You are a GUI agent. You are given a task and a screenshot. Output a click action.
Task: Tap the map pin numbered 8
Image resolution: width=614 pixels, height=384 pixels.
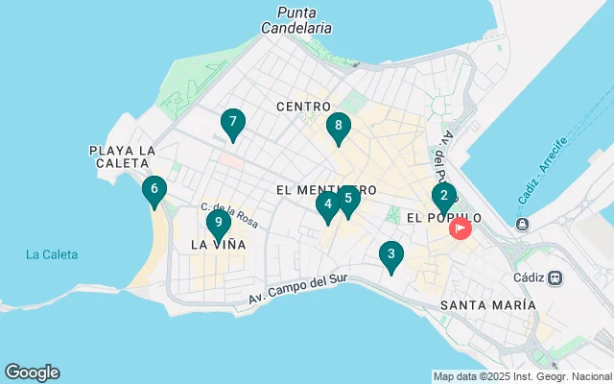click(x=338, y=127)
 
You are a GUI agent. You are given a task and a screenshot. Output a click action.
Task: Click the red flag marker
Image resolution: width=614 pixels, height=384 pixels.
click(x=460, y=228)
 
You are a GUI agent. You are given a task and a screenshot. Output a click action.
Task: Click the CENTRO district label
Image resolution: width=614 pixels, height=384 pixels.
click(x=303, y=107)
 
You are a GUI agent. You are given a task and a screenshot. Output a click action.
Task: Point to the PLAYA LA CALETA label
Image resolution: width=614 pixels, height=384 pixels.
click(x=122, y=157)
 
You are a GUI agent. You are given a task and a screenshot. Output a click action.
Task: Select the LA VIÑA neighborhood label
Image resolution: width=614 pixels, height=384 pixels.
click(x=218, y=245)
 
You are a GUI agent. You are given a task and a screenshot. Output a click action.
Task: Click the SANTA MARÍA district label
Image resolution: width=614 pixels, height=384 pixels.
click(x=487, y=304)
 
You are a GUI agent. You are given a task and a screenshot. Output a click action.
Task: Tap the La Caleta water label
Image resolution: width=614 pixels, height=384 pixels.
click(x=52, y=254)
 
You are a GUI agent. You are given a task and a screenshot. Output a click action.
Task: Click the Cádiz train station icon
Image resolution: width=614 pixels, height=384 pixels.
click(x=555, y=277)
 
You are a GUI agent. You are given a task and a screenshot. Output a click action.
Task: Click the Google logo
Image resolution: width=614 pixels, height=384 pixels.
click(x=32, y=372)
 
